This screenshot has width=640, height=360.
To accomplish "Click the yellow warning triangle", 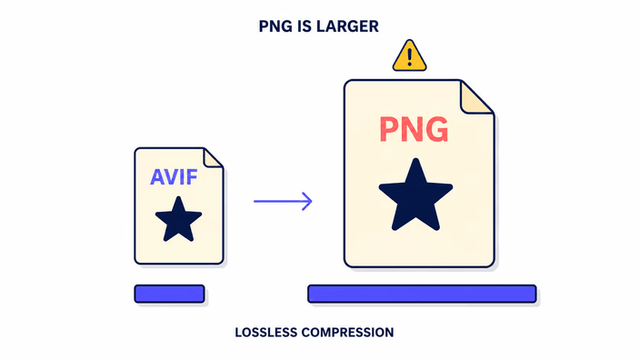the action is pyautogui.click(x=409, y=56).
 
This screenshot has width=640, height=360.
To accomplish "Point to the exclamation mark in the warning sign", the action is pyautogui.click(x=409, y=56).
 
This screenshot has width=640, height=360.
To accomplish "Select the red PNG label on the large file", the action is pyautogui.click(x=414, y=130).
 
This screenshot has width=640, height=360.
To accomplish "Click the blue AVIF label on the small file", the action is pyautogui.click(x=174, y=177).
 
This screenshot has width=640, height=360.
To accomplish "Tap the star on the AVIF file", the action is pyautogui.click(x=178, y=219).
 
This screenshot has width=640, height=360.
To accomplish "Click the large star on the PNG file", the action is pyautogui.click(x=415, y=195).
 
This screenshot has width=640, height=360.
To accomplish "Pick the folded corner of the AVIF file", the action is pyautogui.click(x=212, y=158).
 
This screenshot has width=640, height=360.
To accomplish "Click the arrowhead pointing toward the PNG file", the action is pyautogui.click(x=307, y=201).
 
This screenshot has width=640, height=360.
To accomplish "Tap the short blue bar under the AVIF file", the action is pyautogui.click(x=170, y=294).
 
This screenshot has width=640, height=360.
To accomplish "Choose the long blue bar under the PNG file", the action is pyautogui.click(x=422, y=294).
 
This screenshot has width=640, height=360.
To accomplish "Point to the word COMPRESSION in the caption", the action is pyautogui.click(x=348, y=332).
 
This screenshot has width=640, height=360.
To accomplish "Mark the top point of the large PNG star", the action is pyautogui.click(x=416, y=159).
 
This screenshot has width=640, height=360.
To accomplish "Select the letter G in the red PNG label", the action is pyautogui.click(x=436, y=130).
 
